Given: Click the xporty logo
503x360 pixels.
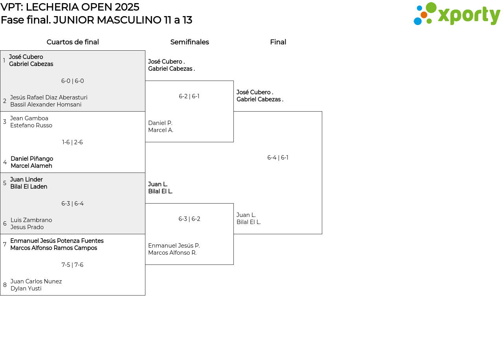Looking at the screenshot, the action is tap(457, 13).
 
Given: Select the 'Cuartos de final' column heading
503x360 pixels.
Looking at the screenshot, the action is tap(73, 42).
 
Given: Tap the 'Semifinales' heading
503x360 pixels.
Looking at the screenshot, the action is tap(189, 42).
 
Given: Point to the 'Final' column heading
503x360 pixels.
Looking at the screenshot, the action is tap(278, 42).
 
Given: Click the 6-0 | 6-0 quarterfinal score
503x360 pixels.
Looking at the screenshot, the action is tap(73, 81).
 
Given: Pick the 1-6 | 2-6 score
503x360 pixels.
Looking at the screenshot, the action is tap(72, 142).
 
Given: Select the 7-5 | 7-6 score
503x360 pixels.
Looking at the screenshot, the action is tap(72, 265).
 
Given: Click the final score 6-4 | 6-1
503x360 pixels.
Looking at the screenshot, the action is tap(278, 158).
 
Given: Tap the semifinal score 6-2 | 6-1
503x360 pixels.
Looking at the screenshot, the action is tap(189, 96).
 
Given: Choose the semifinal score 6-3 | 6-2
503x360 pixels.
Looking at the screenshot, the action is tap(189, 219).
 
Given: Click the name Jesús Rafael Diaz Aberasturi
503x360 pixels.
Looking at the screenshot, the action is tap(49, 97).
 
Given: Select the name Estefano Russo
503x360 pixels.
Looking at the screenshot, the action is tap(31, 125).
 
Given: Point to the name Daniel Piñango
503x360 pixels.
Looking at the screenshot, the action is tap(32, 159).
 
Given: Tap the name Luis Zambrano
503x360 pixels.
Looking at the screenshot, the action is tap(31, 220).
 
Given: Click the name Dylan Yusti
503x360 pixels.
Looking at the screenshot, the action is tap(26, 288).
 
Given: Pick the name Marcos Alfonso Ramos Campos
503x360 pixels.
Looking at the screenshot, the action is tap(54, 248).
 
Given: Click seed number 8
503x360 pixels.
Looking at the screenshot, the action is tap(5, 285).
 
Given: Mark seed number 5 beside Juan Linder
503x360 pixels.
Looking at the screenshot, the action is tap(5, 183).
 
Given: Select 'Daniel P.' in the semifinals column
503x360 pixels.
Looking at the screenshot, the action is tap(160, 123).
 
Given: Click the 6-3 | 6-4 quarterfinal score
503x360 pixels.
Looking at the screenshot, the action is tap(73, 204).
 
